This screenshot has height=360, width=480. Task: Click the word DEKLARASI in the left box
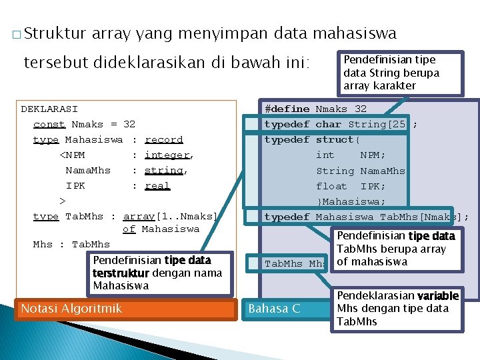(49, 109)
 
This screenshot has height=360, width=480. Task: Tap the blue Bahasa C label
(274, 309)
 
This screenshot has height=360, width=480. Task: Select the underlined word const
(49, 124)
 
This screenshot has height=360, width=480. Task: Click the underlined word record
(163, 139)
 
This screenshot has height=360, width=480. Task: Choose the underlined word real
(157, 185)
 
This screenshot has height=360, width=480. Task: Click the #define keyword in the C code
(287, 109)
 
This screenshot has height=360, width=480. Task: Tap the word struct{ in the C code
(337, 139)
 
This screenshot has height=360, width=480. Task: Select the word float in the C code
(332, 186)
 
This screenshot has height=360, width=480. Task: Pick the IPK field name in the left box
(75, 185)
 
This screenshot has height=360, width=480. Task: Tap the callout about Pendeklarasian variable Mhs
(397, 308)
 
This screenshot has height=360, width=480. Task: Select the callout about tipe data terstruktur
(152, 273)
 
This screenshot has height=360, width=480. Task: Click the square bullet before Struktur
(15, 34)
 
